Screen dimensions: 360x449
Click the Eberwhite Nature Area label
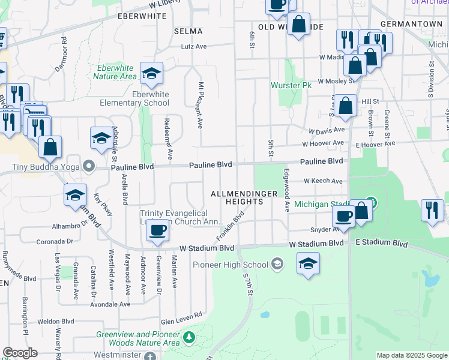click(x=116, y=72)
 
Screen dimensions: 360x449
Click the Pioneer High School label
click(x=231, y=265)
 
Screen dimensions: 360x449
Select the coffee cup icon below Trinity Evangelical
click(x=157, y=230)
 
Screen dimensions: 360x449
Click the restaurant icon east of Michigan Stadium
click(x=432, y=211)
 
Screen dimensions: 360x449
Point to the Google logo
click(x=20, y=353)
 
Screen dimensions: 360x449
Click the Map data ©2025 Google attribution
click(x=412, y=355)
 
